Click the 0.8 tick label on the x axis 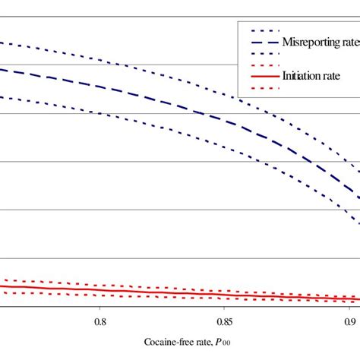[99, 321]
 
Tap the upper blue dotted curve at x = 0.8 [99, 59]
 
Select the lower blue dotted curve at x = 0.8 [99, 113]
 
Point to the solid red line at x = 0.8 [99, 290]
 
